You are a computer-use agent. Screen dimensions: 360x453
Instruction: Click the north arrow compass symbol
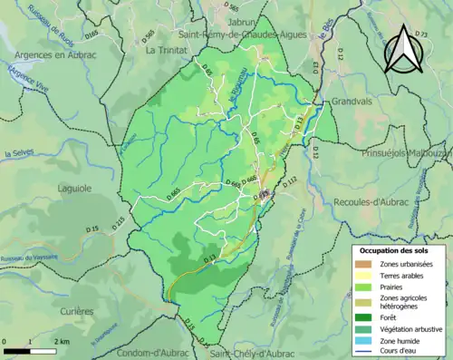click(400, 50)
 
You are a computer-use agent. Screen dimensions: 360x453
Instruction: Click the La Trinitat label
click(164, 50)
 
